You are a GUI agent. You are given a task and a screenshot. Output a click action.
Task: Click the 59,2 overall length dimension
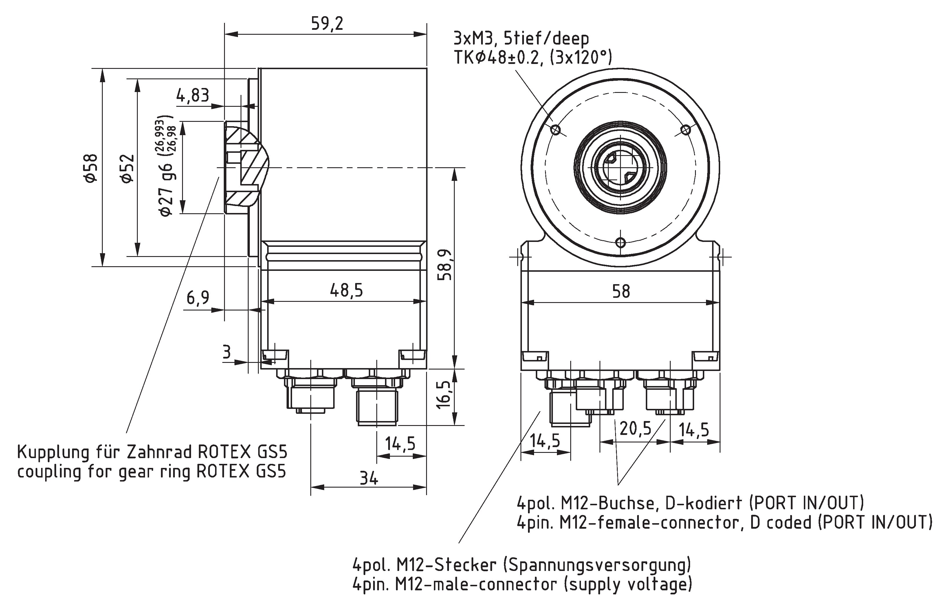pyautogui.click(x=327, y=24)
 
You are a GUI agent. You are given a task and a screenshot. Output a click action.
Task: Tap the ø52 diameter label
pyautogui.click(x=128, y=168)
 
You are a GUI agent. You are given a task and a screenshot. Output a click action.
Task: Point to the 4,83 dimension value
pyautogui.click(x=192, y=95)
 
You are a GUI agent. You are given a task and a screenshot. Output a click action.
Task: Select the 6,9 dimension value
pyautogui.click(x=198, y=297)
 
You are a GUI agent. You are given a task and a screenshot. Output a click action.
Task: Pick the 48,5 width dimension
pyautogui.click(x=346, y=290)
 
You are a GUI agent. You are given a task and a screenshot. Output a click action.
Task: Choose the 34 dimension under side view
pyautogui.click(x=368, y=479)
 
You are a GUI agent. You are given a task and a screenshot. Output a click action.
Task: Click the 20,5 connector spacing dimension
pyautogui.click(x=635, y=428)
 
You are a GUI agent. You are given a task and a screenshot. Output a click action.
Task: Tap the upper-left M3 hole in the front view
pyautogui.click(x=556, y=130)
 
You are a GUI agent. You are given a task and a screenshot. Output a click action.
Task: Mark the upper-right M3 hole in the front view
pyautogui.click(x=685, y=130)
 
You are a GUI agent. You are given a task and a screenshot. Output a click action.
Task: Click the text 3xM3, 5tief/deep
pyautogui.click(x=521, y=39)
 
